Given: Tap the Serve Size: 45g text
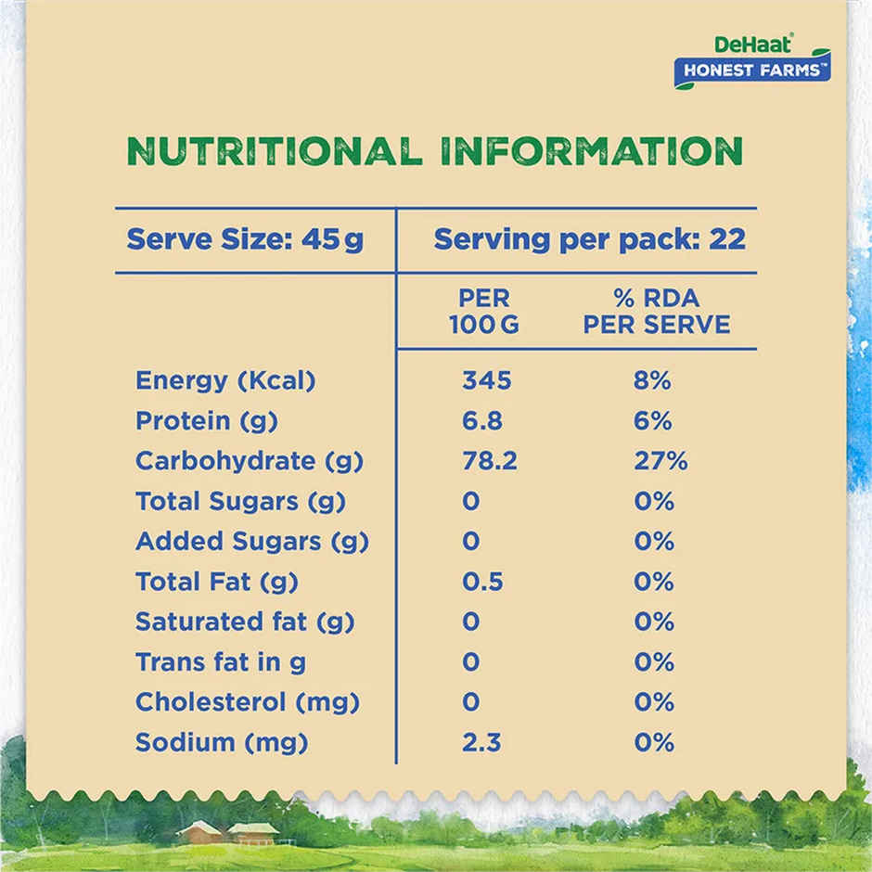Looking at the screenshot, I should pos(245,239).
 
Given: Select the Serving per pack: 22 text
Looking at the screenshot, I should pos(589,239).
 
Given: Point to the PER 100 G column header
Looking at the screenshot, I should pos(483,312).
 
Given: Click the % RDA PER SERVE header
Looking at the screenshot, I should pos(655,312).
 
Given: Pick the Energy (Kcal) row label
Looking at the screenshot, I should pos(225,380).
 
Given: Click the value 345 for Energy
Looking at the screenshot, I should pos(486,380).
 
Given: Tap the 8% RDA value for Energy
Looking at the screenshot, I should pos(653,380).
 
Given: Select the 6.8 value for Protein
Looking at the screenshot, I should pos(482,421).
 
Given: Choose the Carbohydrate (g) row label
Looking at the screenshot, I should pos(249,461).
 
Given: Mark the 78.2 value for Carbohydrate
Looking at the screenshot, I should pos(489,461).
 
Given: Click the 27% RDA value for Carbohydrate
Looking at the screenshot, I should pos(660,461).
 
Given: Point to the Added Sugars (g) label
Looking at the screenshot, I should pos(251,542).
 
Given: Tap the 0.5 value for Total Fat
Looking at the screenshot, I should pos(482,582).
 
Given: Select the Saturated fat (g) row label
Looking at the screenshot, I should pos(245,622).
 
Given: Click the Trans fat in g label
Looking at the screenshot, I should pos(221,662).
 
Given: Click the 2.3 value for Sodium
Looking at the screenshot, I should pos(482,742).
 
